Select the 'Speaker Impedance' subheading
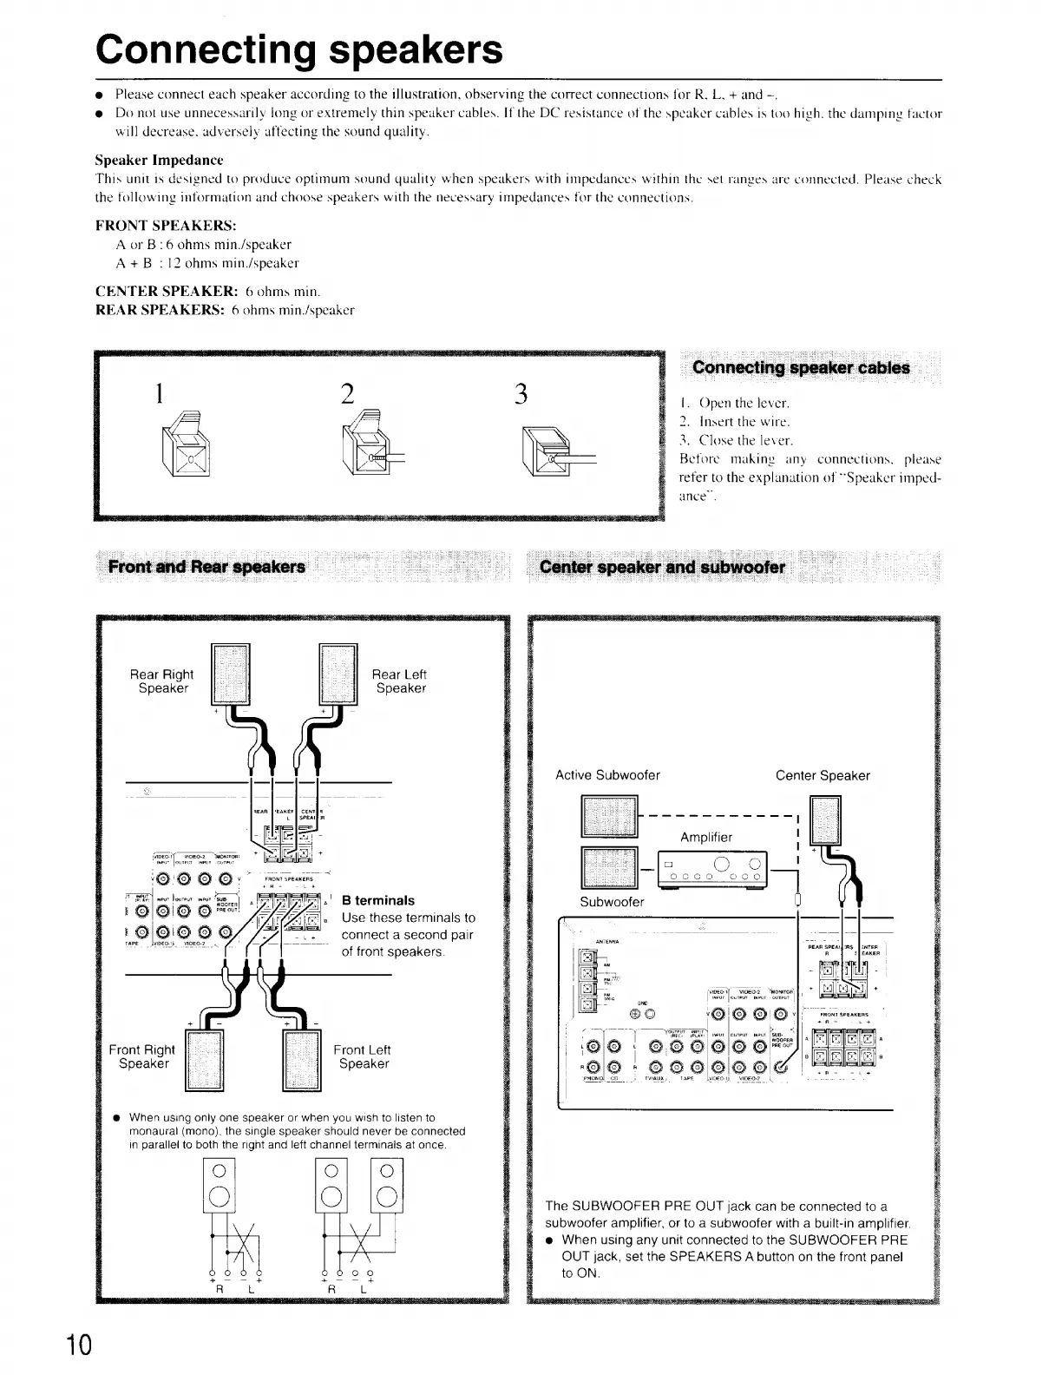(x=159, y=161)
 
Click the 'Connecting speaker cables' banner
(x=801, y=368)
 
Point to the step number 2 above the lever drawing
(x=347, y=393)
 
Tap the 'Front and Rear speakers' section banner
(x=206, y=568)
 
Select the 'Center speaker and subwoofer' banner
(x=662, y=568)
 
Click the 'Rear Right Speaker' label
(x=162, y=681)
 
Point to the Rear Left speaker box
(x=338, y=674)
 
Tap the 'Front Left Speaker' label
(x=362, y=1056)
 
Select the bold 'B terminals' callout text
(x=378, y=900)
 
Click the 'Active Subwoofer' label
(x=607, y=775)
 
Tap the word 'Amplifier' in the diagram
(x=706, y=837)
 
